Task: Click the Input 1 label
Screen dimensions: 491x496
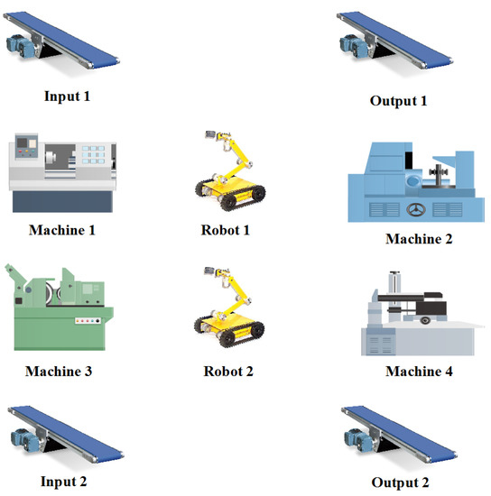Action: (67, 96)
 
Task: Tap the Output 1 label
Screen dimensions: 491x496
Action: (399, 101)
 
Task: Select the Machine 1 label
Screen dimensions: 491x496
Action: (62, 230)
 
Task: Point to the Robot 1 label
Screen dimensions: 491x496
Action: (226, 230)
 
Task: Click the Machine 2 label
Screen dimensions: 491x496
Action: (419, 239)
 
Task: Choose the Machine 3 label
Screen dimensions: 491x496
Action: (59, 371)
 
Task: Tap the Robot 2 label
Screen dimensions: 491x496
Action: (228, 371)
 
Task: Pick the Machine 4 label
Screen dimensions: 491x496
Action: (419, 371)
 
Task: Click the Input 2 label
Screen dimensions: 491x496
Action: (63, 482)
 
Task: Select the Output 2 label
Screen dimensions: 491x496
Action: (400, 482)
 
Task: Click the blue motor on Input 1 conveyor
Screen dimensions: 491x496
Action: (20, 47)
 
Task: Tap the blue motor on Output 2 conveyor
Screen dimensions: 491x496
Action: (357, 440)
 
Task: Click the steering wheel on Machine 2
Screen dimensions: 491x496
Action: (416, 209)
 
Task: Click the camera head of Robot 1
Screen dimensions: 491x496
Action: (209, 134)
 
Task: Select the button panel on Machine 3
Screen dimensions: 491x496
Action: (88, 321)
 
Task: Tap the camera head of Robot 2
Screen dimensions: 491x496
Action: (208, 271)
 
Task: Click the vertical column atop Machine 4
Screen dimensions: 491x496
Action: (394, 285)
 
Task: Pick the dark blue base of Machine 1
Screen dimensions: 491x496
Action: (62, 201)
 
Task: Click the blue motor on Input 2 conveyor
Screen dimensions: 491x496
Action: (24, 440)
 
